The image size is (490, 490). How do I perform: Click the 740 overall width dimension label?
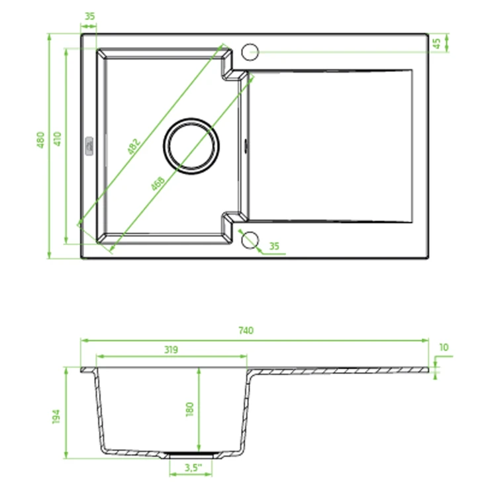[246, 330]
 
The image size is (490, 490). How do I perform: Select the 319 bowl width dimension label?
[171, 350]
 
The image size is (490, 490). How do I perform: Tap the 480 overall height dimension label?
[40, 140]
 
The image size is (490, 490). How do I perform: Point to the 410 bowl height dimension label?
[58, 139]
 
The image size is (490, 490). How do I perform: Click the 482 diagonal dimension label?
[134, 146]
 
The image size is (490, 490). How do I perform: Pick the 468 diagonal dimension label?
[158, 184]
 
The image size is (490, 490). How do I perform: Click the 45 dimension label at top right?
[437, 44]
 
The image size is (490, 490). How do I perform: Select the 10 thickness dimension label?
[444, 348]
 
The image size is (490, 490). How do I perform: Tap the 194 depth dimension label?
[56, 416]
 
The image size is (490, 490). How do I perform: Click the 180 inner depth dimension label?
[189, 409]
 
